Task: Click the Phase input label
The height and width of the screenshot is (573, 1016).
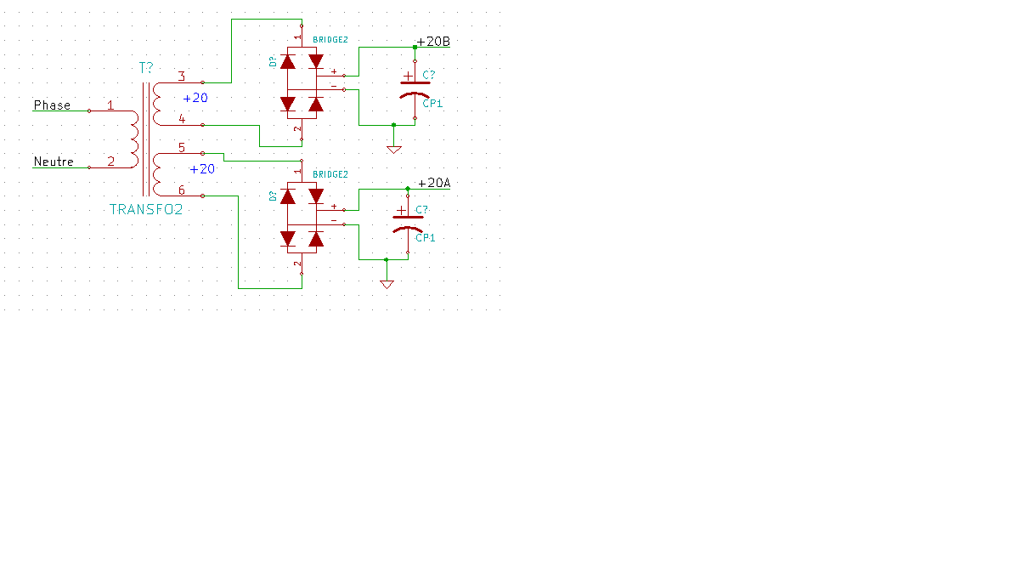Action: [52, 105]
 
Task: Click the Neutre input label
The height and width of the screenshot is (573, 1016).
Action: [54, 162]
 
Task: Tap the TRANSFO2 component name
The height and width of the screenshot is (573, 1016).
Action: [146, 209]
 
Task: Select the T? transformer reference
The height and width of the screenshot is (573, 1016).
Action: [146, 67]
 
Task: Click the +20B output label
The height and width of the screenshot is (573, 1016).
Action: [433, 42]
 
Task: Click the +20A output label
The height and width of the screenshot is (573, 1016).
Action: [433, 183]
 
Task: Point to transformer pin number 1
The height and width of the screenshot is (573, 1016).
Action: [110, 105]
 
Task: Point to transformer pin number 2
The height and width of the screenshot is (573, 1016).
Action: [110, 162]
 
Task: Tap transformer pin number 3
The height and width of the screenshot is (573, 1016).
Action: [182, 77]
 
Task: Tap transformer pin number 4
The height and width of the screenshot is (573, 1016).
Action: [182, 119]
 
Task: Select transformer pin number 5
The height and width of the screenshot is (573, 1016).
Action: [182, 148]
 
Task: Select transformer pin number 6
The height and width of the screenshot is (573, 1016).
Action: [182, 190]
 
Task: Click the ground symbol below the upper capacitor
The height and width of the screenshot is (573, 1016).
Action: [393, 149]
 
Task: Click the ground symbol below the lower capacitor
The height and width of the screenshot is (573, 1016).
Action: [387, 284]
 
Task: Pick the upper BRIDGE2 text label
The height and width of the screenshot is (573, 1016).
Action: [330, 40]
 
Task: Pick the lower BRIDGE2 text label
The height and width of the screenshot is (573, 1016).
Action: [330, 174]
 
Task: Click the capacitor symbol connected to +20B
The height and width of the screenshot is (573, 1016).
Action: [415, 88]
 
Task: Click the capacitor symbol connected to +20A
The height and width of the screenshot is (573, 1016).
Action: [408, 223]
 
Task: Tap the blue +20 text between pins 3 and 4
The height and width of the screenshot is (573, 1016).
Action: [195, 99]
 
